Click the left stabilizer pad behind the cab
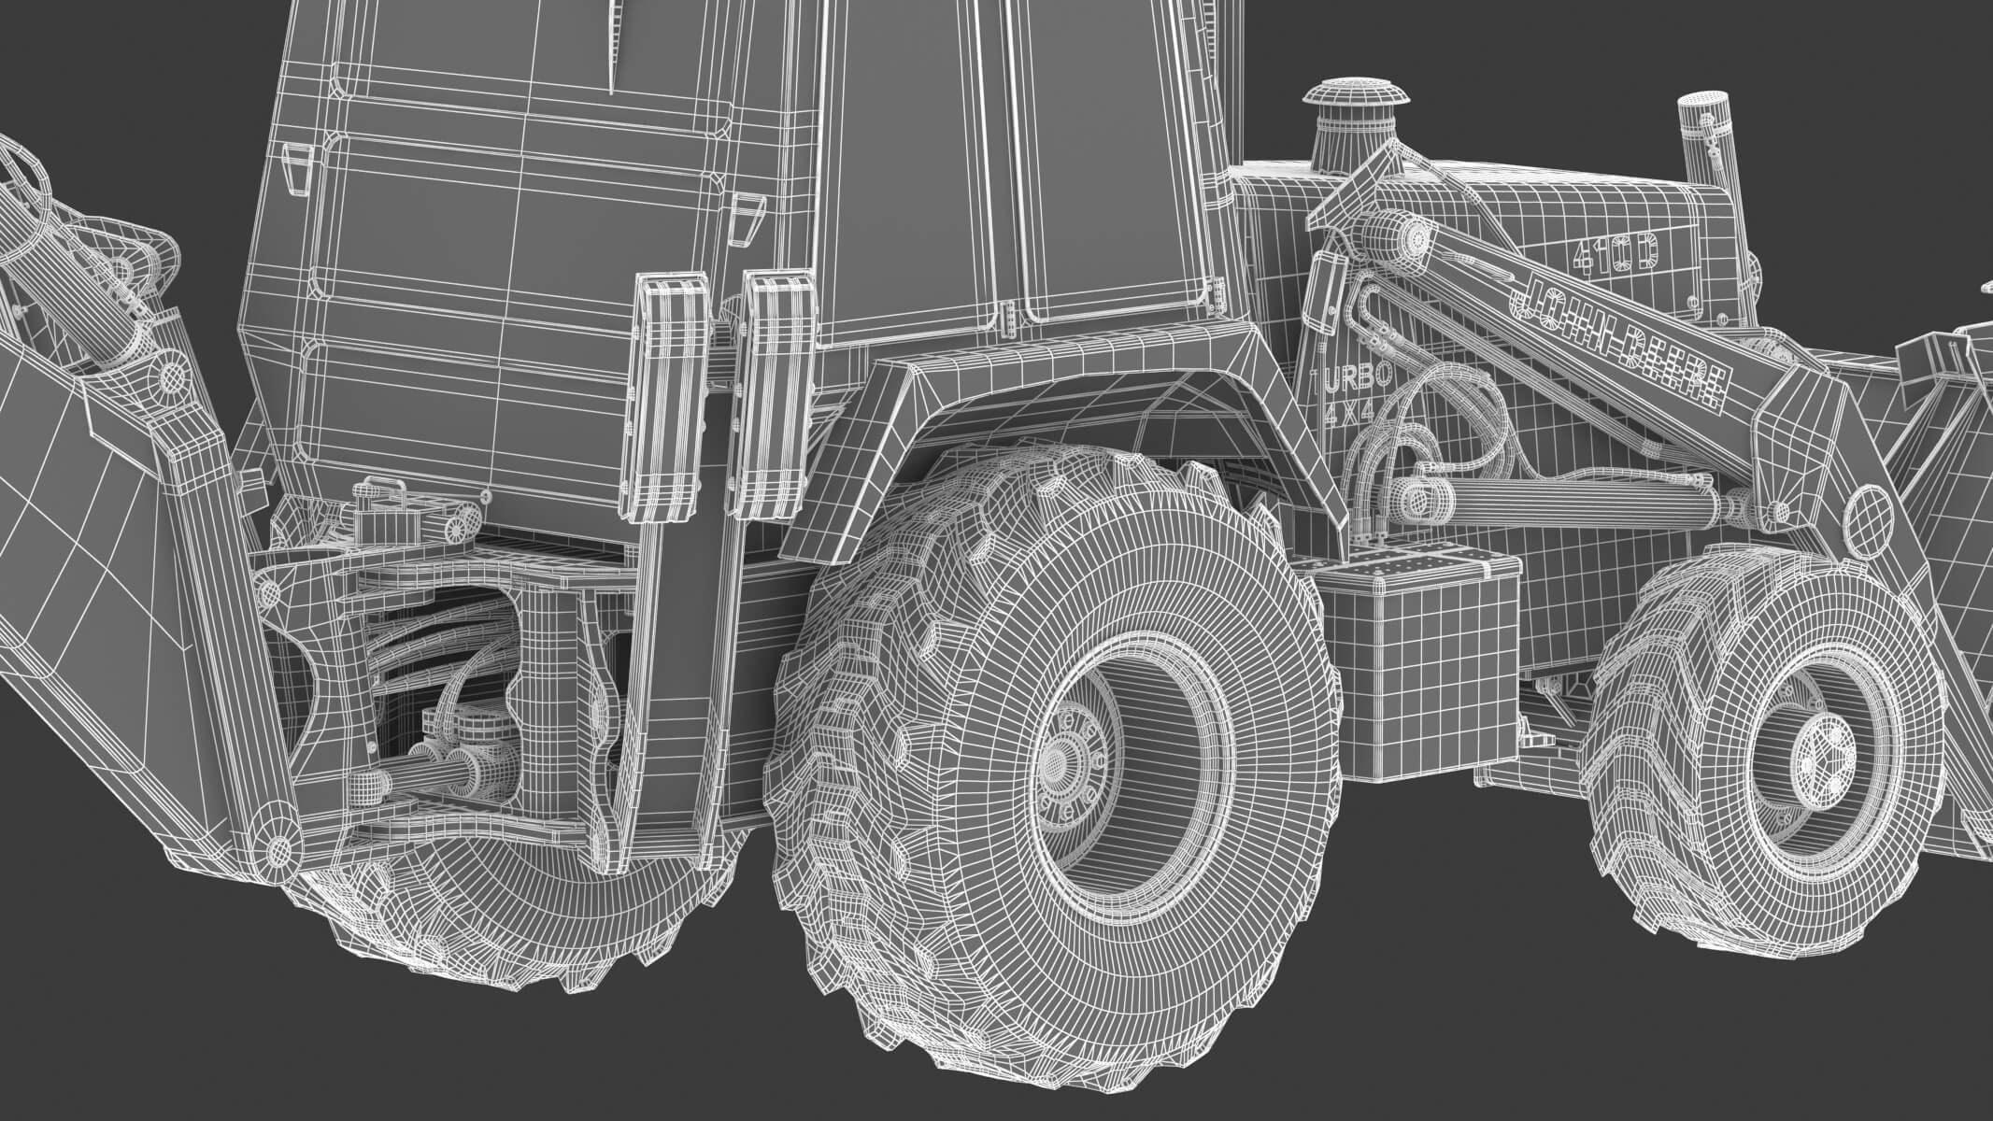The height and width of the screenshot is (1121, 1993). (x=669, y=392)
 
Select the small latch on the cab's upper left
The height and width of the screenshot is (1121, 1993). (x=295, y=168)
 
